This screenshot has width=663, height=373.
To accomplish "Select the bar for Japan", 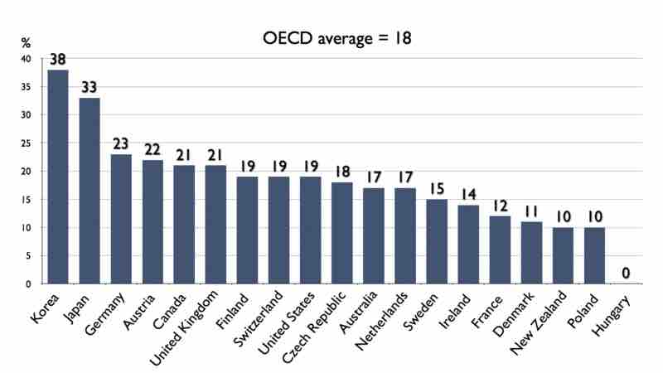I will (x=89, y=191).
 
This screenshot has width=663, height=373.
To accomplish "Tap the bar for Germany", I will (x=121, y=219).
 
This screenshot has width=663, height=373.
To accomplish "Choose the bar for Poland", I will (x=595, y=255).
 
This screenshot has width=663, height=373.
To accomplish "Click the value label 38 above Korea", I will (x=57, y=60).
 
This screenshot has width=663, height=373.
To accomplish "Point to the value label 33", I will (x=89, y=88).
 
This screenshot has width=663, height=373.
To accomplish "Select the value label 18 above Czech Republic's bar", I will (x=341, y=172).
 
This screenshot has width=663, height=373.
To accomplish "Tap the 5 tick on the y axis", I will (x=28, y=256).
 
